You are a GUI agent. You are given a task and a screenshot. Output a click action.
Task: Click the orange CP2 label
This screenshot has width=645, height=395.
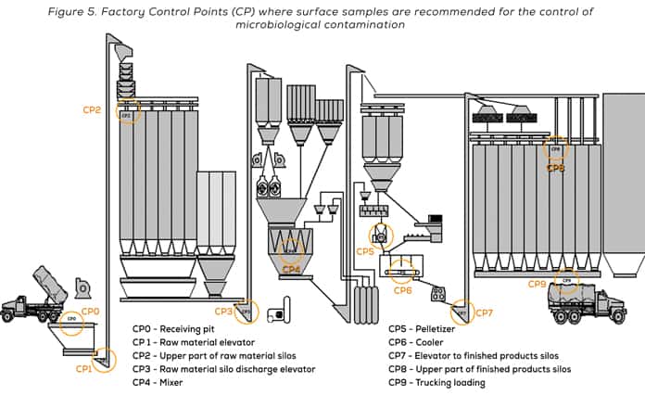(x=92, y=109)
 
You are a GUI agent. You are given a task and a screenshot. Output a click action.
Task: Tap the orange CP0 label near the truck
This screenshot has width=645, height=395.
(x=90, y=312)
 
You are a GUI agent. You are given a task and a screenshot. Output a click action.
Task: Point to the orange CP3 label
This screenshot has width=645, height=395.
(x=223, y=312)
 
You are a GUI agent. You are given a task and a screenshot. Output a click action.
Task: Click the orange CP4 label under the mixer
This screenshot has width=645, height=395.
(x=291, y=269)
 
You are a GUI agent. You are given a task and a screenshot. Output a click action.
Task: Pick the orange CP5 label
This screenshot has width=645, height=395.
(x=365, y=251)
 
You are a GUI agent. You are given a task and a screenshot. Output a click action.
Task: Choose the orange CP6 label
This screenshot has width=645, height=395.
(x=402, y=290)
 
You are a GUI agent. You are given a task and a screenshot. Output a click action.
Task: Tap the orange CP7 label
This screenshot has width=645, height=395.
(x=485, y=313)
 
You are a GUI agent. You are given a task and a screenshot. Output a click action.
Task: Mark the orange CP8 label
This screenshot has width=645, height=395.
(x=555, y=168)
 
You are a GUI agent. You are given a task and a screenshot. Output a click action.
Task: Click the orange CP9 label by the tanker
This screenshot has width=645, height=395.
(x=537, y=285)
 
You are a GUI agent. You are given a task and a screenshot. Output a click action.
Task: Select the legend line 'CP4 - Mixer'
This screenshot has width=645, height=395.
(x=158, y=381)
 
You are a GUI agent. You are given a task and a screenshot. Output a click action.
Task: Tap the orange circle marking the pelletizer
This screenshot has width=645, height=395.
(x=380, y=236)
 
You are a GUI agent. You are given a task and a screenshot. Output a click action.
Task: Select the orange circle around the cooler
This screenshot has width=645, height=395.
(x=402, y=272)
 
